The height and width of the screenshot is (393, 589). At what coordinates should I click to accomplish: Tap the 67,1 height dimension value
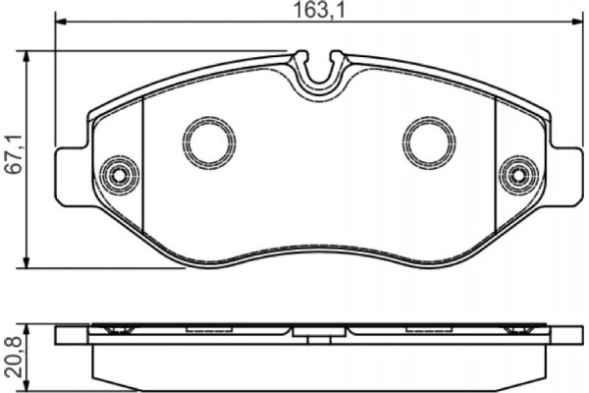[11, 156]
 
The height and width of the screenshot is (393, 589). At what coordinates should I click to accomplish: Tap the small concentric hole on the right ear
[516, 176]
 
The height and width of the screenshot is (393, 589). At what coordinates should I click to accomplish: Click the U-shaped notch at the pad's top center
[320, 74]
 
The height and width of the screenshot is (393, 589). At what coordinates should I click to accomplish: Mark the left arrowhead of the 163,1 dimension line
[58, 22]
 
